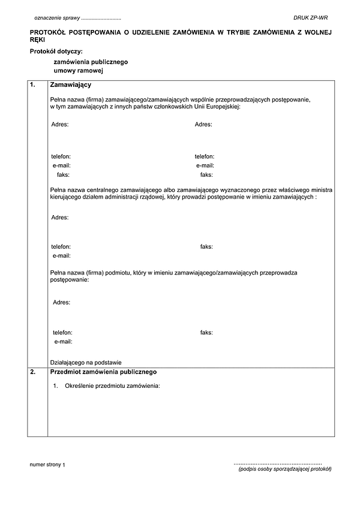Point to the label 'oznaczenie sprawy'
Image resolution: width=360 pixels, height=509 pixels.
[x=57, y=19]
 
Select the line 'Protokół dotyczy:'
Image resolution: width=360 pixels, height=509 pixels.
[x=56, y=51]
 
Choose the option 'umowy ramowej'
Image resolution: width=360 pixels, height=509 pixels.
[x=79, y=71]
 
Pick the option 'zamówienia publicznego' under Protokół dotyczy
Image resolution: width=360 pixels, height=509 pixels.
[x=91, y=62]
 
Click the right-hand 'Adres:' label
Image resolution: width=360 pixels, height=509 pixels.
[x=203, y=125]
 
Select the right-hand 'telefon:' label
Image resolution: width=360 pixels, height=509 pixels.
[x=205, y=156]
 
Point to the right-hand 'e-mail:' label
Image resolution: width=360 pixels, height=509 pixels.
[x=205, y=165]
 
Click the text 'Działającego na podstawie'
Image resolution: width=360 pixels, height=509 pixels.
[x=86, y=362]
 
